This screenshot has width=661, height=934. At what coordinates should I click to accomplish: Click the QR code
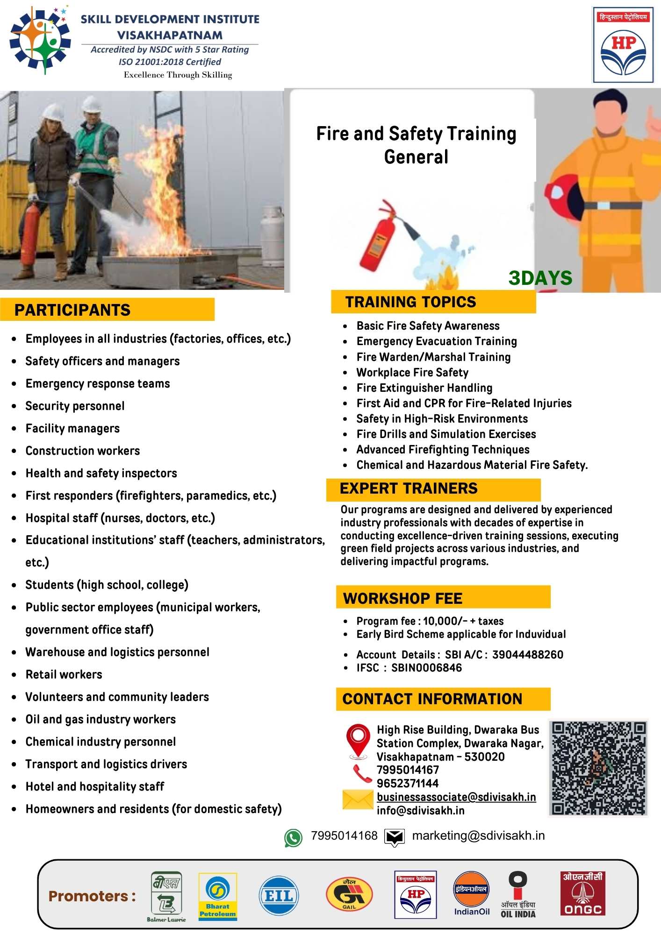pyautogui.click(x=598, y=768)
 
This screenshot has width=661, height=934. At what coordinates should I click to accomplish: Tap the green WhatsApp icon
pyautogui.click(x=293, y=838)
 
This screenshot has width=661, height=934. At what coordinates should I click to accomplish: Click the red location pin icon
pyautogui.click(x=358, y=740)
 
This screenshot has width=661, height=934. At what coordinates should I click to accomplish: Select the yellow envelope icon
pyautogui.click(x=358, y=800)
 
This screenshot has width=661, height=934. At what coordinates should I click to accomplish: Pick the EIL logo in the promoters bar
pyautogui.click(x=279, y=896)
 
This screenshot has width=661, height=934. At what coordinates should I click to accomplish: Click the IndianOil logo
pyautogui.click(x=472, y=893)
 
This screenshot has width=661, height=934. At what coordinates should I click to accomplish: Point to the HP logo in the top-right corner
pyautogui.click(x=623, y=45)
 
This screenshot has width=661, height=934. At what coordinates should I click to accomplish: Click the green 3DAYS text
pyautogui.click(x=540, y=278)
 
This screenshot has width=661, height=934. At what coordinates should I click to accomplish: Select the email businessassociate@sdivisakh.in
pyautogui.click(x=456, y=797)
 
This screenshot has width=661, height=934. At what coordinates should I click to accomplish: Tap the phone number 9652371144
pyautogui.click(x=408, y=783)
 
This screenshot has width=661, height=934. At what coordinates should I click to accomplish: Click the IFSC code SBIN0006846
pyautogui.click(x=426, y=668)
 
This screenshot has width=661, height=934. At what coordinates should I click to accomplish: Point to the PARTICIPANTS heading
pyautogui.click(x=72, y=310)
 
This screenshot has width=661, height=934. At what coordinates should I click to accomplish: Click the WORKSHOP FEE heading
pyautogui.click(x=402, y=598)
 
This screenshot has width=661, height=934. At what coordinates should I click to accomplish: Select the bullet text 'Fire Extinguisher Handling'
pyautogui.click(x=424, y=388)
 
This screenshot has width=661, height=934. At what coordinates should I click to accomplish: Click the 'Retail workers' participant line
pyautogui.click(x=64, y=674)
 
